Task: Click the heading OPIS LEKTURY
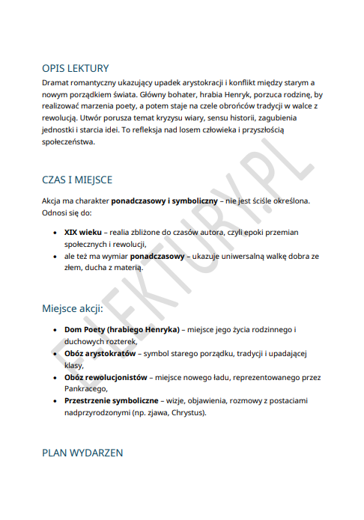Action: click(x=76, y=67)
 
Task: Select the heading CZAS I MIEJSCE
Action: click(x=77, y=180)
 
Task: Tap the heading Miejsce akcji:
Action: click(x=73, y=308)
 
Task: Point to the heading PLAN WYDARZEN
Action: click(x=82, y=453)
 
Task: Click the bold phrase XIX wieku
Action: click(x=82, y=233)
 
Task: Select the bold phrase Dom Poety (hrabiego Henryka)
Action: click(x=122, y=329)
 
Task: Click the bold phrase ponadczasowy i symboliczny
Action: click(x=165, y=201)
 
